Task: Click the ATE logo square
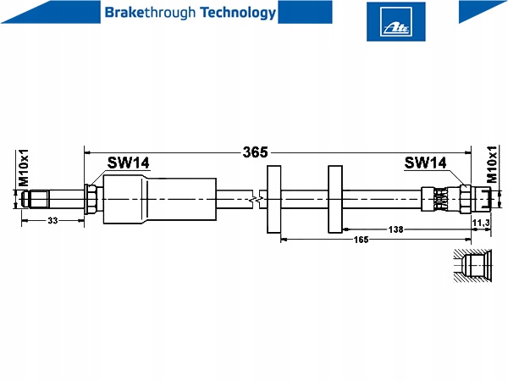click(396, 22)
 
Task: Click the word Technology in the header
click(238, 13)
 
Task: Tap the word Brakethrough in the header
click(151, 13)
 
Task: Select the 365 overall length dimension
click(256, 152)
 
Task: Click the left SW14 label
click(129, 163)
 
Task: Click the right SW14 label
click(425, 163)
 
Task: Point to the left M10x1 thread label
click(23, 168)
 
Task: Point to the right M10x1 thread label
click(491, 164)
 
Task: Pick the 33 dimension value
click(52, 221)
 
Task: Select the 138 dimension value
click(395, 229)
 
